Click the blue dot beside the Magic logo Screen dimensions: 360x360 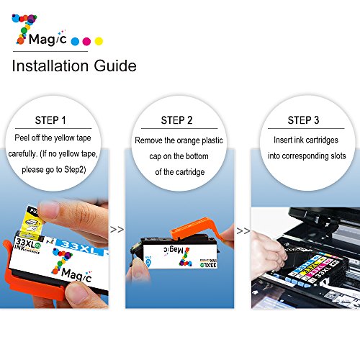tap(75, 42)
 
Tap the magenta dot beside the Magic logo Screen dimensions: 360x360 tap(86, 42)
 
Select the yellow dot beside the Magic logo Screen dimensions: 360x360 tap(99, 41)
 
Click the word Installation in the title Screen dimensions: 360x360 tap(50, 66)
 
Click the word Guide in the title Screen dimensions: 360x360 tap(115, 66)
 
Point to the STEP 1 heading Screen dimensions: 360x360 tap(50, 120)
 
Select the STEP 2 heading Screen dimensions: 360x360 tap(176, 120)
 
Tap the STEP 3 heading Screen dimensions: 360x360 tap(303, 120)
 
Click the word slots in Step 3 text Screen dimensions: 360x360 tap(338, 156)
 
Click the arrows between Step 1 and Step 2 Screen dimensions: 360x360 tap(117, 230)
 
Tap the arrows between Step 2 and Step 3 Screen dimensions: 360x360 tap(243, 231)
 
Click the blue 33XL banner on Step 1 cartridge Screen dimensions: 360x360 tap(81, 247)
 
